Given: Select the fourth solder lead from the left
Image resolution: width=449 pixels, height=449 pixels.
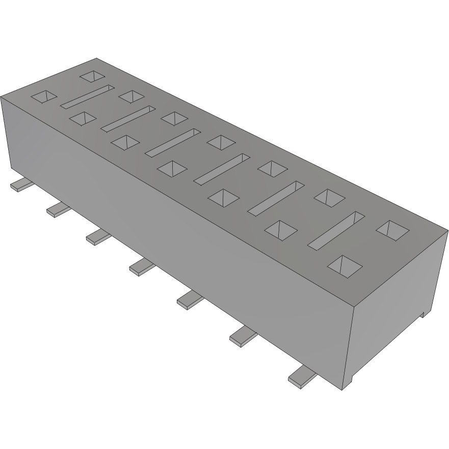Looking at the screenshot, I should pyautogui.click(x=142, y=266).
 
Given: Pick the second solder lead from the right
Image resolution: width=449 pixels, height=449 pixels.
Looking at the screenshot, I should pyautogui.click(x=244, y=336).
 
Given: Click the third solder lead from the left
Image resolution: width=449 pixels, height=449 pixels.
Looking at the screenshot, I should pyautogui.click(x=98, y=236).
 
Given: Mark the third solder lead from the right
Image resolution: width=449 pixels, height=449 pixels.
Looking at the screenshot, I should pyautogui.click(x=190, y=300).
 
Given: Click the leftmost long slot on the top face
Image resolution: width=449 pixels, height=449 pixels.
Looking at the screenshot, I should pyautogui.click(x=88, y=96).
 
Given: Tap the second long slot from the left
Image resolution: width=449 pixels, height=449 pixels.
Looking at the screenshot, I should pyautogui.click(x=128, y=117).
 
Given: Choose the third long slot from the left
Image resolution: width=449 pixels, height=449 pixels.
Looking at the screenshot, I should pyautogui.click(x=173, y=142).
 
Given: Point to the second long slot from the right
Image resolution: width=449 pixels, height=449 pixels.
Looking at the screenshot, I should pyautogui.click(x=276, y=197).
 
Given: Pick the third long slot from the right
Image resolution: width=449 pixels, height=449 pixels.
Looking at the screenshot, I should pyautogui.click(x=222, y=168).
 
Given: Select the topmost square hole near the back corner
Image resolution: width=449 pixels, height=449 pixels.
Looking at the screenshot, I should pyautogui.click(x=93, y=76).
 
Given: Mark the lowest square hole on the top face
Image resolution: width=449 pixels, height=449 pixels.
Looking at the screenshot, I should pyautogui.click(x=345, y=266).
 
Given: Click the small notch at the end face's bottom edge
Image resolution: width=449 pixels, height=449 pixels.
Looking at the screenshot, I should pyautogui.click(x=422, y=313).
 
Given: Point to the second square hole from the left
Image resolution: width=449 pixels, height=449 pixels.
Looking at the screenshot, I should pyautogui.click(x=82, y=118).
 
